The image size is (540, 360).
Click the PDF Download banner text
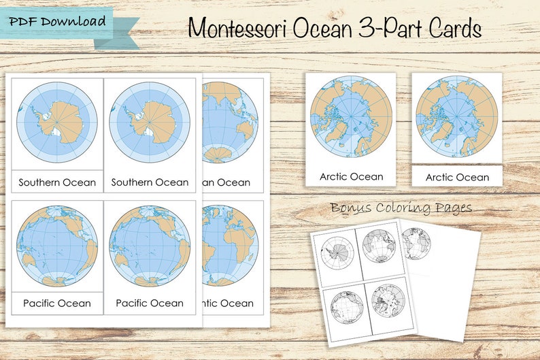coord(57,21)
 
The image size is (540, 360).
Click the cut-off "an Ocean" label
coord(226,182)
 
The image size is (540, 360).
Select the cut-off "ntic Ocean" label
coord(226,303)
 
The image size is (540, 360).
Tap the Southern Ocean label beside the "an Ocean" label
coord(150,182)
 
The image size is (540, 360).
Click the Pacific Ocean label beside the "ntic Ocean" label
coord(150,303)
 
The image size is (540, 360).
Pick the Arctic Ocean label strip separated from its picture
coord(457,177)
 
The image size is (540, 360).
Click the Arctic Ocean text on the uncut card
coord(351,176)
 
